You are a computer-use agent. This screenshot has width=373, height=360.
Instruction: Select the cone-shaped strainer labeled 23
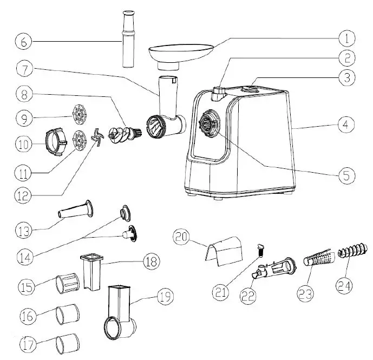(x=316, y=259)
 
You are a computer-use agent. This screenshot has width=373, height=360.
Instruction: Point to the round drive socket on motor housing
(x=207, y=123)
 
